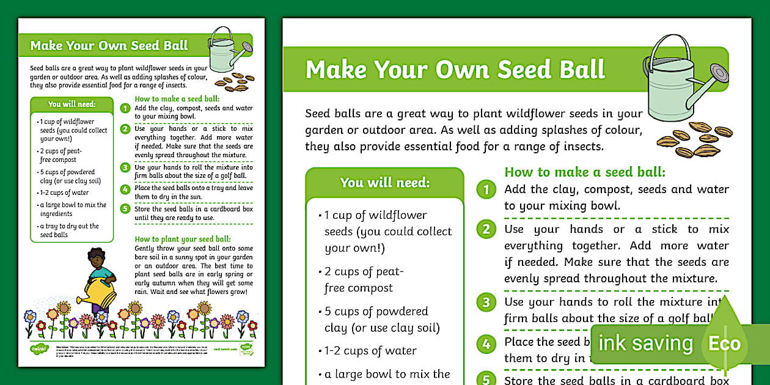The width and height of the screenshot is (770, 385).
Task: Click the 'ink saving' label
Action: pyautogui.click(x=645, y=343)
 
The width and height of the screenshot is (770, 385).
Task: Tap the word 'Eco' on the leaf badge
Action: pyautogui.click(x=724, y=343)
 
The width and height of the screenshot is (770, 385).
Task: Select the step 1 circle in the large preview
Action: pyautogui.click(x=486, y=189)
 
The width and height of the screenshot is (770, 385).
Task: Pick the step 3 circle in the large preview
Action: pyautogui.click(x=486, y=302)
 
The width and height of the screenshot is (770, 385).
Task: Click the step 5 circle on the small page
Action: pyautogui.click(x=125, y=209)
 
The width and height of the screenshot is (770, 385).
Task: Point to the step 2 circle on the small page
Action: pyautogui.click(x=125, y=129)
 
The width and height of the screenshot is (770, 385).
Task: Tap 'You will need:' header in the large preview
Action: pyautogui.click(x=385, y=182)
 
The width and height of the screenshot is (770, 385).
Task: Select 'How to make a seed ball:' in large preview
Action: pyautogui.click(x=585, y=172)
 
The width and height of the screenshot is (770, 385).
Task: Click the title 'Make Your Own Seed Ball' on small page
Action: pyautogui.click(x=109, y=46)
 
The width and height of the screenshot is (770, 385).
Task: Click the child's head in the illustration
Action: pyautogui.click(x=96, y=257)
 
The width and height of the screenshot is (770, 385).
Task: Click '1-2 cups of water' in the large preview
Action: pyautogui.click(x=370, y=351)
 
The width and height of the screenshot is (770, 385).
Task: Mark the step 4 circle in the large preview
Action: pyautogui.click(x=486, y=344)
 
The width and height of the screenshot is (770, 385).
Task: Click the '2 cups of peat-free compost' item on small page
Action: pyautogui.click(x=59, y=155)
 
